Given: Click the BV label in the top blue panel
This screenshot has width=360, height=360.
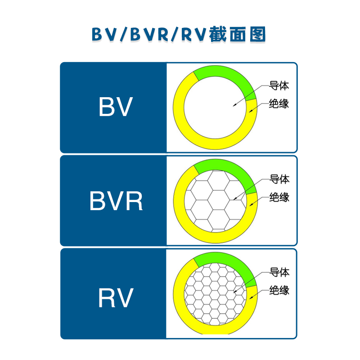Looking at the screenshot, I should [x=116, y=107].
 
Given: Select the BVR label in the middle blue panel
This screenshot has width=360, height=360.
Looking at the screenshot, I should [x=116, y=201].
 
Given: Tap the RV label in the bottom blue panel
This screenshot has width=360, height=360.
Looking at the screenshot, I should [x=116, y=297].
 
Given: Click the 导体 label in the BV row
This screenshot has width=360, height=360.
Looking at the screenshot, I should [x=279, y=85].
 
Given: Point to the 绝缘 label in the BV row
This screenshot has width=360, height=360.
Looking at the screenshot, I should [x=279, y=103].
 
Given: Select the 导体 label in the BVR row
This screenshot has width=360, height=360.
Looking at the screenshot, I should [x=279, y=179].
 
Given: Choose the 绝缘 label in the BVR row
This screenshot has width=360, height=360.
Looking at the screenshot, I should [x=279, y=197].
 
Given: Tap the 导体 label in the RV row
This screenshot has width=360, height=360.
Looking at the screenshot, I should [x=279, y=272].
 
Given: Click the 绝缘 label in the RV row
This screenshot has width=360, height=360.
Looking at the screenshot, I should [x=279, y=290].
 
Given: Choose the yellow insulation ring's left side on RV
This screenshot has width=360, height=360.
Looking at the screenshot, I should [x=179, y=295].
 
